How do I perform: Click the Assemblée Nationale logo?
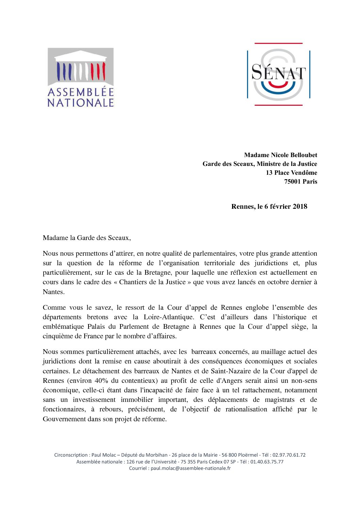81,77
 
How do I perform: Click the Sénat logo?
278,74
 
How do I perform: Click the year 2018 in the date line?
300,206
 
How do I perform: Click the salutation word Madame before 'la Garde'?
55,238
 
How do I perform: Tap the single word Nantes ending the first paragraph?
53,292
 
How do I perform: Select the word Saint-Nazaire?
232,371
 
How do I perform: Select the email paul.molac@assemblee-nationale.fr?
191,468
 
